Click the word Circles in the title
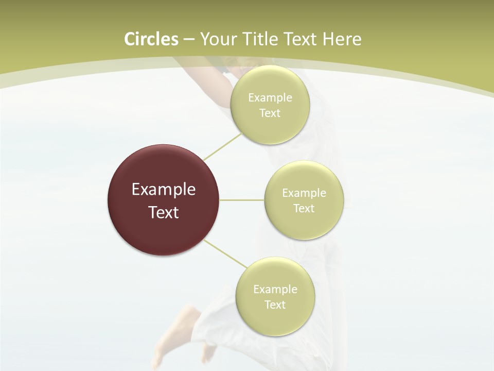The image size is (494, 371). (x=151, y=39)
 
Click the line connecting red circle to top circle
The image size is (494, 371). (x=222, y=147)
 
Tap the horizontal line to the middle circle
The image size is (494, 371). (x=241, y=200)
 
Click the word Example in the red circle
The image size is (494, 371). (x=164, y=190)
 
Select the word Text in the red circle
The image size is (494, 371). (x=164, y=212)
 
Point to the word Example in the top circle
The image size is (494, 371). (x=270, y=98)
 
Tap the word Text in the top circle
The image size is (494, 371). (x=270, y=113)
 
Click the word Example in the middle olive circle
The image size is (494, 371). (x=304, y=193)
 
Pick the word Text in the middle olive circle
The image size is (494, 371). (x=304, y=209)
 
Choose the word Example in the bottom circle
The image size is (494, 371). (x=275, y=290)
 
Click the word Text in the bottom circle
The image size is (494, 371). (x=275, y=305)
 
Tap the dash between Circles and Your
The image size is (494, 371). (x=188, y=40)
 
